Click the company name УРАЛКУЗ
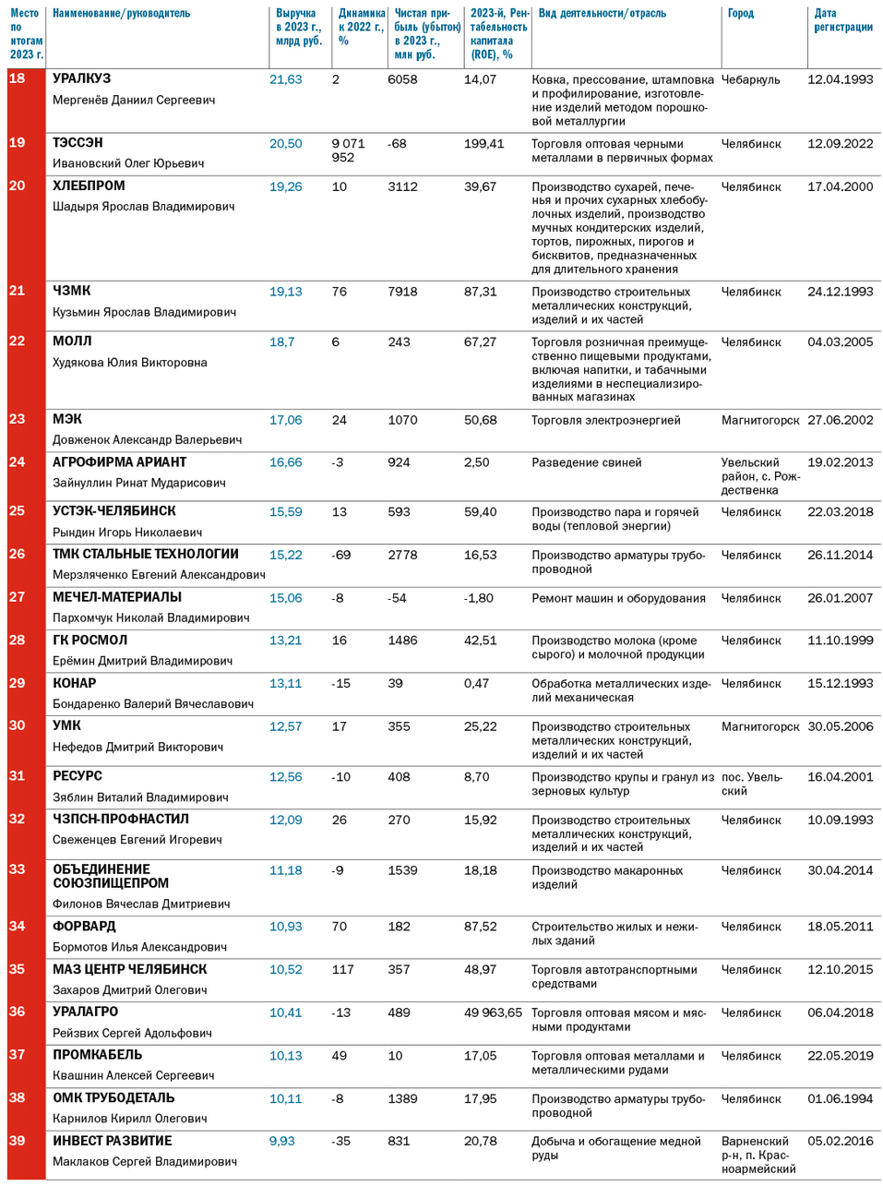[x=81, y=79]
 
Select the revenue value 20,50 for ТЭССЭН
[x=285, y=144]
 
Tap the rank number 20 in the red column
[x=18, y=186]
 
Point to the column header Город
[x=740, y=14]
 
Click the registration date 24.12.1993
[x=840, y=292]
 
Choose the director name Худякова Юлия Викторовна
[x=129, y=363]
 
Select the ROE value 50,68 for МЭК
[x=480, y=420]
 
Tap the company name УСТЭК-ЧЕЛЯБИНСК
[x=113, y=511]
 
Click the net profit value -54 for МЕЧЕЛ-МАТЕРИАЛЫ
[x=397, y=598]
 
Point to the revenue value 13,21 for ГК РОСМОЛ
[x=285, y=641]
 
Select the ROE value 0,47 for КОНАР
[x=476, y=684]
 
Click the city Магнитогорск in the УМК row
[x=760, y=726]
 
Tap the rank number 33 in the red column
[x=18, y=869]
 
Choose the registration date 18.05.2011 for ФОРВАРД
[x=840, y=927]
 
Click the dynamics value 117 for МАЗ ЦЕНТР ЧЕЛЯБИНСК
[x=343, y=969]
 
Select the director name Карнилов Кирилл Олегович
[x=129, y=1119]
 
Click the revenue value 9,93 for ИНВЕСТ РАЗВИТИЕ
[x=281, y=1141]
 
